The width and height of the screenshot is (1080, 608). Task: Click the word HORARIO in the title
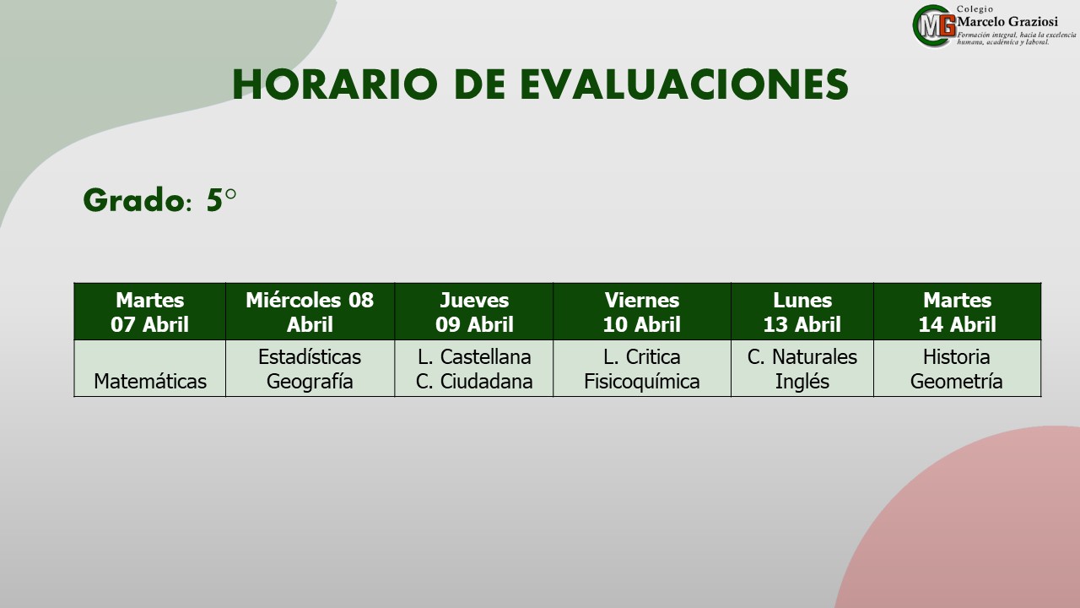335,84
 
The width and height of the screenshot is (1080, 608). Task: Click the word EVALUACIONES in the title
683,84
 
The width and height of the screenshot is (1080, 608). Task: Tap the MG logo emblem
934,26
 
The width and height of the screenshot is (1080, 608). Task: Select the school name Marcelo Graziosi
1007,22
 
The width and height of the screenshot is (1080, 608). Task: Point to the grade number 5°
221,200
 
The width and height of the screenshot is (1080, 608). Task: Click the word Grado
134,200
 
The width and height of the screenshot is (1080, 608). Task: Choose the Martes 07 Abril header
149,312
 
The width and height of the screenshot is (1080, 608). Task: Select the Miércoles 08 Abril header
310,312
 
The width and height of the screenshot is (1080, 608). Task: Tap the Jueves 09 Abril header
474,312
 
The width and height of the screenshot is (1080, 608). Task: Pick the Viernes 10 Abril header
642,312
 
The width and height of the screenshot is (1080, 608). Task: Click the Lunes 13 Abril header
802,312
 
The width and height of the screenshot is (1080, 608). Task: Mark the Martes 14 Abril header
957,312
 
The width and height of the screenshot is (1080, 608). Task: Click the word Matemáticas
150,381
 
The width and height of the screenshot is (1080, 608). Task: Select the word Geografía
310,382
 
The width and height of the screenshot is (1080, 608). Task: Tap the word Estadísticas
310,357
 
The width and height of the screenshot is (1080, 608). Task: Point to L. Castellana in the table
474,357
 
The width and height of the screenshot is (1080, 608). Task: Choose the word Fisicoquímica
642,382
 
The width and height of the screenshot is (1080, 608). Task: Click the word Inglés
802,382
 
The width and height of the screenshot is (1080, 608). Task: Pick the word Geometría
957,381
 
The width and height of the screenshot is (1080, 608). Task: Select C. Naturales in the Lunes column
802,357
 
